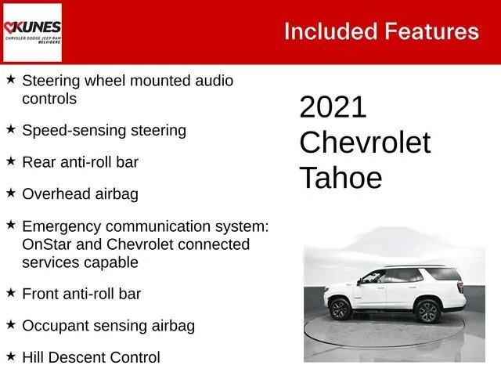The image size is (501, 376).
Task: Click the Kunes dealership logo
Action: pyautogui.click(x=32, y=32)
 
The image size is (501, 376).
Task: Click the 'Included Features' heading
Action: pyautogui.click(x=380, y=31)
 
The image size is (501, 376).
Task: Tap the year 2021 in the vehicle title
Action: pyautogui.click(x=333, y=107)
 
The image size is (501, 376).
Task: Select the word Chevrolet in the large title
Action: pyautogui.click(x=365, y=143)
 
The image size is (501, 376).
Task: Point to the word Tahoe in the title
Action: pyautogui.click(x=341, y=178)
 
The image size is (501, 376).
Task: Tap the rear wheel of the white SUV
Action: pyautogui.click(x=427, y=311)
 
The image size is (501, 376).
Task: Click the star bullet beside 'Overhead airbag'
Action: pyautogui.click(x=10, y=191)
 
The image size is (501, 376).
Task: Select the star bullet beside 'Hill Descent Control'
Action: pyautogui.click(x=10, y=356)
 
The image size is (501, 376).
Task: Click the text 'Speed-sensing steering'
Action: pyautogui.click(x=104, y=130)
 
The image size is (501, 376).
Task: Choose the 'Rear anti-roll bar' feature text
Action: pyautogui.click(x=81, y=162)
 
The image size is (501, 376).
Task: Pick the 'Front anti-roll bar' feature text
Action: pyautogui.click(x=81, y=294)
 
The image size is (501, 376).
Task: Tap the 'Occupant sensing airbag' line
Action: pyautogui.click(x=108, y=325)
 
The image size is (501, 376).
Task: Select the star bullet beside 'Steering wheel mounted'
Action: pyautogui.click(x=10, y=79)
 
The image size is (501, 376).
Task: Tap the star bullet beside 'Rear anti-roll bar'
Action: pyautogui.click(x=10, y=160)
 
